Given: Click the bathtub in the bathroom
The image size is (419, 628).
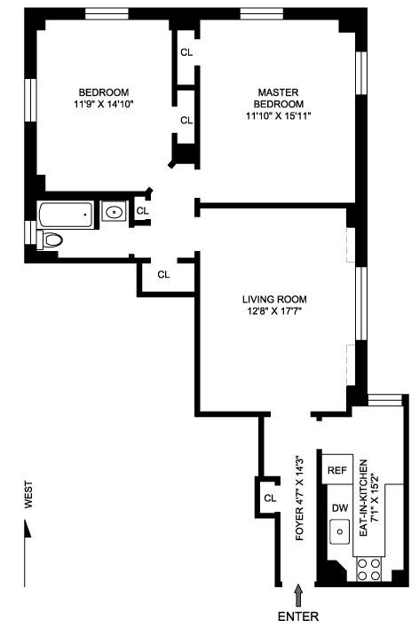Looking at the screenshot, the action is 67,215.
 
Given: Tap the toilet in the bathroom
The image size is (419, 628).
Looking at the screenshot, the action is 50,240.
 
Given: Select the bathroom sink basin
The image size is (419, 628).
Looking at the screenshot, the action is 114,211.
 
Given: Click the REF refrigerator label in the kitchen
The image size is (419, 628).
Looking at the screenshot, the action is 337,470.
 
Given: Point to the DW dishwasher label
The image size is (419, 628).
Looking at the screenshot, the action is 340,508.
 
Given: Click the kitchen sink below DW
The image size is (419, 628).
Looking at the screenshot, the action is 340,532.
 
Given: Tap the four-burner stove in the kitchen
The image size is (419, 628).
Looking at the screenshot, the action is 369,569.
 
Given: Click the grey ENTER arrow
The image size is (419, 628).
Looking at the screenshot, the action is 298,595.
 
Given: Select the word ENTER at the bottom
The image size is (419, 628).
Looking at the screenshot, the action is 298,616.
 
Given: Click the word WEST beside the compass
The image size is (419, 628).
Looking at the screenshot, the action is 29,495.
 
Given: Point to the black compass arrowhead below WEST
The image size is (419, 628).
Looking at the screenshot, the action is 28,529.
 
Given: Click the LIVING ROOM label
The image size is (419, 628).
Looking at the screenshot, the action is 274,299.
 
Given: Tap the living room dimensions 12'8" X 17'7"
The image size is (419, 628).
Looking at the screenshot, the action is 274,310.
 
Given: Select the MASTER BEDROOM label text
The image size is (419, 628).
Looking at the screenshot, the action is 279,98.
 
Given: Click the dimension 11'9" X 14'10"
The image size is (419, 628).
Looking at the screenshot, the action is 104,104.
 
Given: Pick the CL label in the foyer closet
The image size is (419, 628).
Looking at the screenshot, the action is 270,498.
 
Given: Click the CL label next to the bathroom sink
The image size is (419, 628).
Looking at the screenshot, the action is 143,211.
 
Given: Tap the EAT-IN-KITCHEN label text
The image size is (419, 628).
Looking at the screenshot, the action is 364,498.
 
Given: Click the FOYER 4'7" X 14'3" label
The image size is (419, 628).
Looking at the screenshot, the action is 300,498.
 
